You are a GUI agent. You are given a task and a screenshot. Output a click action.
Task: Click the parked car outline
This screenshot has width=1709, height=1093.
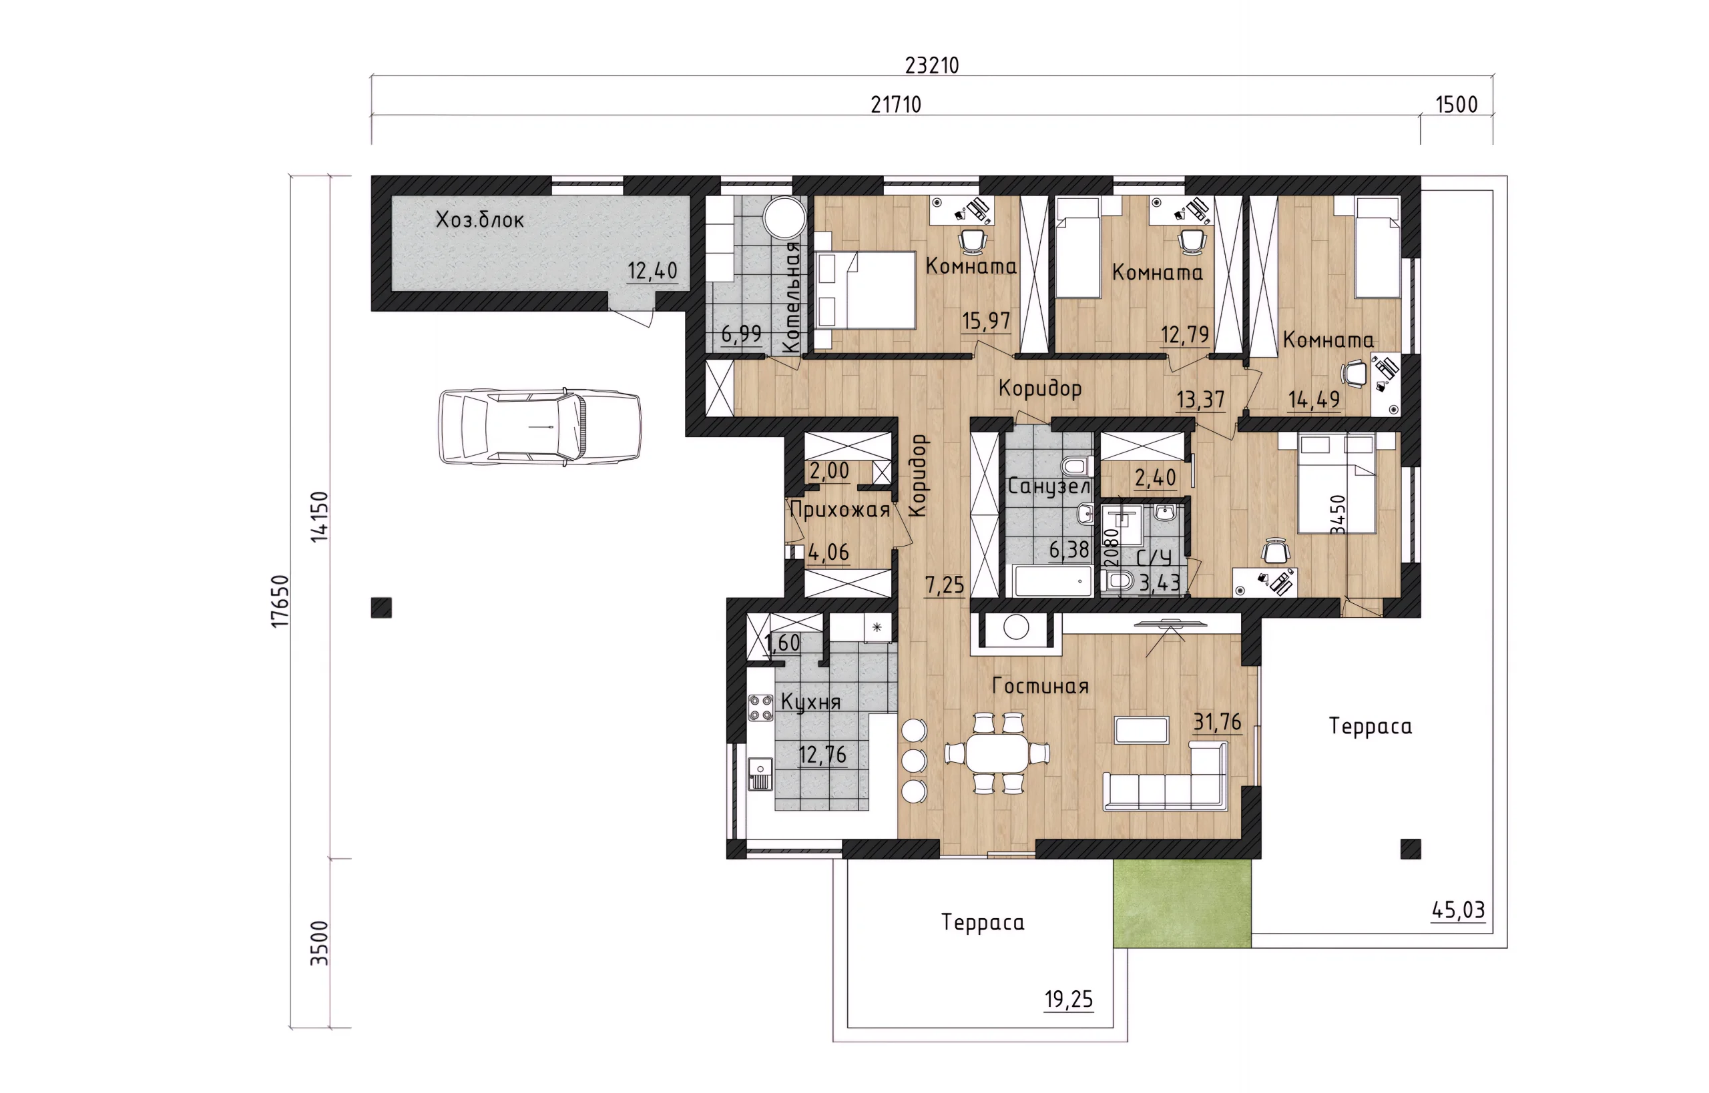[539, 426]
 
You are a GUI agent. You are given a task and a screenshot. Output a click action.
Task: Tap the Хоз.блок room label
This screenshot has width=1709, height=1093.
[480, 220]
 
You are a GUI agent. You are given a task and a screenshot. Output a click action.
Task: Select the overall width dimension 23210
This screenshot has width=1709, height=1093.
[931, 65]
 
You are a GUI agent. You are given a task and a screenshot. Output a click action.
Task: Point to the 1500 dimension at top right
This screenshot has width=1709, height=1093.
[1456, 105]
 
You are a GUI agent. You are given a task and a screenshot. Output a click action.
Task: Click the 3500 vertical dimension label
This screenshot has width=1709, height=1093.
[320, 944]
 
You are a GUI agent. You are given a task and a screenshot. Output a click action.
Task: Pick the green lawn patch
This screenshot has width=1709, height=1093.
[1182, 903]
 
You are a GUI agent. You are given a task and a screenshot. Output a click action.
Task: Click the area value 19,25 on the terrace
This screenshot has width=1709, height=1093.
[1069, 1000]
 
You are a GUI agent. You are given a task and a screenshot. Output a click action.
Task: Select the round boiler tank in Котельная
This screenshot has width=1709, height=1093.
[784, 217]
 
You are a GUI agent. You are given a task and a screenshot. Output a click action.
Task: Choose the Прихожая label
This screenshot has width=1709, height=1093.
[840, 510]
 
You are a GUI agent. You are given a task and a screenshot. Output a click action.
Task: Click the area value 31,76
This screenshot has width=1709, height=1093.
[1218, 723]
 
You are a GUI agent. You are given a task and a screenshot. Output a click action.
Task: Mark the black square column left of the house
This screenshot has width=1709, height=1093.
[381, 609]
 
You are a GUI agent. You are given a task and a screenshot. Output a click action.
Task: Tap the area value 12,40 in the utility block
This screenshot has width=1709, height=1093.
[652, 271]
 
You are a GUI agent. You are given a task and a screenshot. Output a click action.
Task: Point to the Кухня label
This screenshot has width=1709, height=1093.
[811, 702]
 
